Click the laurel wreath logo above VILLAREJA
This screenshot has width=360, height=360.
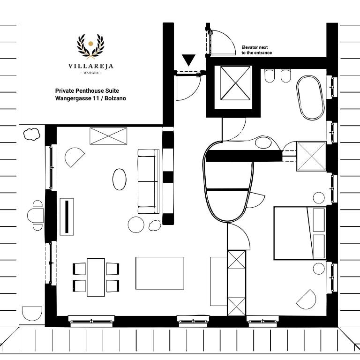(90, 46)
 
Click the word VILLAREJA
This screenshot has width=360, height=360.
(91, 66)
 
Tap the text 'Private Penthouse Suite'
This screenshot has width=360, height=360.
(87, 90)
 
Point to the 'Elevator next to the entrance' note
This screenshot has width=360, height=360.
(256, 50)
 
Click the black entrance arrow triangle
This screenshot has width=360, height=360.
(188, 60)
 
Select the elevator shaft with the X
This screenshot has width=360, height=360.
(235, 83)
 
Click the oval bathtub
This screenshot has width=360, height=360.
(310, 98)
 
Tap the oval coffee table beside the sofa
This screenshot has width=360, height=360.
(120, 180)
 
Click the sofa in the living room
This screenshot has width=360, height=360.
(148, 181)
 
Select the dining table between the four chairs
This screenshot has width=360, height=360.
(96, 277)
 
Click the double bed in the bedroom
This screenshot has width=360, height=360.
(300, 233)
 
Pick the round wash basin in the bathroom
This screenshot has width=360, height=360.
(263, 142)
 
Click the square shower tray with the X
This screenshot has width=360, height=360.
(311, 156)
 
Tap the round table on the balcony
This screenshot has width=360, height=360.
(35, 215)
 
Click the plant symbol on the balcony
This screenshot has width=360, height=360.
(32, 134)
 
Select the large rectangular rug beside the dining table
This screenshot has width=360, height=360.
(160, 273)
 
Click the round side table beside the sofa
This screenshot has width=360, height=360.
(136, 225)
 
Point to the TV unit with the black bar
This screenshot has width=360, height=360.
(67, 217)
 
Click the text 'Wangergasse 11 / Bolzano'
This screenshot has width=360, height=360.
(90, 98)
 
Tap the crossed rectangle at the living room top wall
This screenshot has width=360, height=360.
(108, 136)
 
